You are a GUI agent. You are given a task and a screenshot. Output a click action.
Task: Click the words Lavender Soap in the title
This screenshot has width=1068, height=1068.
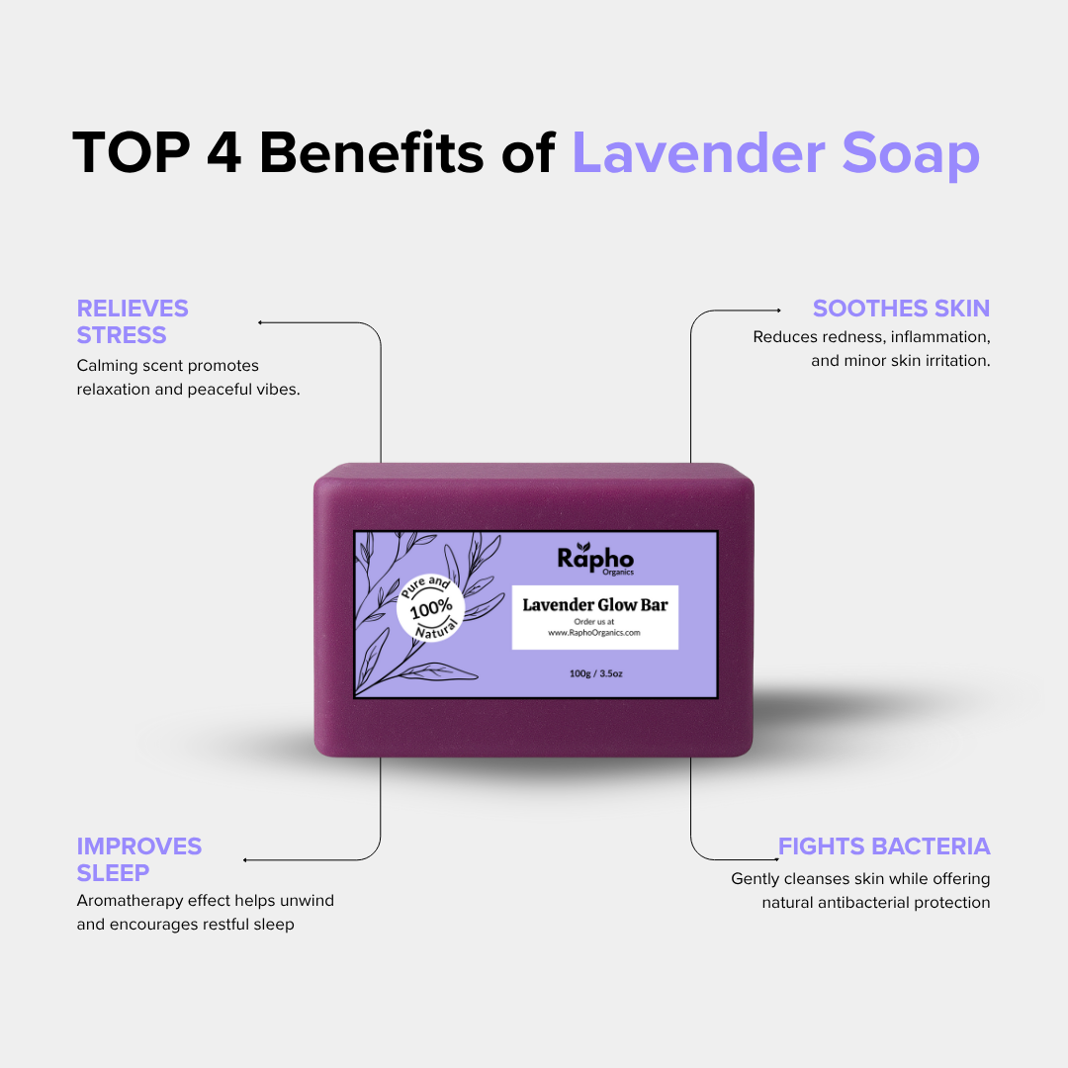tap(776, 155)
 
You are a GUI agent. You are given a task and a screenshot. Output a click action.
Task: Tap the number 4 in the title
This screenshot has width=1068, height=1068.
tap(224, 152)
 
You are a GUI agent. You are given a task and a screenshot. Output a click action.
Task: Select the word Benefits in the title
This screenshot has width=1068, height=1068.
tap(371, 152)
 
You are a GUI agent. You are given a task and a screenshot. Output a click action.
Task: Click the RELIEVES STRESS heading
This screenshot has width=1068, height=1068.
tap(133, 321)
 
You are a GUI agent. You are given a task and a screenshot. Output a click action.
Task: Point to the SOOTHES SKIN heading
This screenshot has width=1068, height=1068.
tap(901, 309)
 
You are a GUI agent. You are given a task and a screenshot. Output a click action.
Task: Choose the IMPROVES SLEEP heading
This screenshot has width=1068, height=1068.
tap(139, 859)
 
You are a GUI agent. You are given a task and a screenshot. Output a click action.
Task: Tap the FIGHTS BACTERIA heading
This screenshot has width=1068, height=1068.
tap(884, 846)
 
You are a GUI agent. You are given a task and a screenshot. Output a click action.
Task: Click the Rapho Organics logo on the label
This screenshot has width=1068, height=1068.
tap(595, 559)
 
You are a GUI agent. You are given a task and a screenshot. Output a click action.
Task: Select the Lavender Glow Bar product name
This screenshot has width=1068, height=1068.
tap(595, 605)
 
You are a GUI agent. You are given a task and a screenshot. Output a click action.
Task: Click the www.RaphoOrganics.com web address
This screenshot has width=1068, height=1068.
tap(594, 633)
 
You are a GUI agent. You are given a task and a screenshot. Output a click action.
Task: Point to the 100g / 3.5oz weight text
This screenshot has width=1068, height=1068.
tap(596, 673)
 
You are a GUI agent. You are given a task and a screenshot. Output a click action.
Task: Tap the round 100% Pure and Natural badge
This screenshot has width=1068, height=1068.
tap(430, 607)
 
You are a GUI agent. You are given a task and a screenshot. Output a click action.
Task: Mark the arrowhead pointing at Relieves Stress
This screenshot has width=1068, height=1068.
tap(259, 322)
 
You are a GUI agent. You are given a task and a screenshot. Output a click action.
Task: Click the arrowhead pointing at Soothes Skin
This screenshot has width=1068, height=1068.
tap(779, 311)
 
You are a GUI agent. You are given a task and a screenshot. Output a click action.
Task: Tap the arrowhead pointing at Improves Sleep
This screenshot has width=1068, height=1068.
tap(244, 860)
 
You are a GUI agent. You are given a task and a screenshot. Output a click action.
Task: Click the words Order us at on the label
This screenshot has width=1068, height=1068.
tap(594, 622)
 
